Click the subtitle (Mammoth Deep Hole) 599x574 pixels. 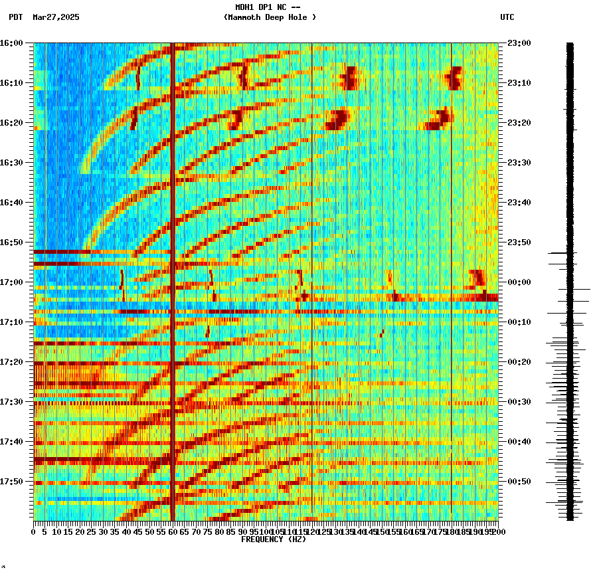[270, 17]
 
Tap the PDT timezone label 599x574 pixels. [16, 17]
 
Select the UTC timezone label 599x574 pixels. [507, 17]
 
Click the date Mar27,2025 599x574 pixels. [56, 17]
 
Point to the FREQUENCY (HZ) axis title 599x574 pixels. [274, 539]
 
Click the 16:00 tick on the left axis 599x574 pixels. [11, 43]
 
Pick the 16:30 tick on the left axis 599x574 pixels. [11, 163]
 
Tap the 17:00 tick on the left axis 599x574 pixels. [11, 282]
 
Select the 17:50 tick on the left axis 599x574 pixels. [11, 482]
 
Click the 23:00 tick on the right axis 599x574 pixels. [519, 43]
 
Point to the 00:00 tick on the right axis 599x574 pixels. [519, 282]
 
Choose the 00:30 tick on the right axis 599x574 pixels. [519, 402]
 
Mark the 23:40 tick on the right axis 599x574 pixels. [519, 203]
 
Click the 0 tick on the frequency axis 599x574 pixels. [34, 531]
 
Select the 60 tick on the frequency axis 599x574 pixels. [173, 531]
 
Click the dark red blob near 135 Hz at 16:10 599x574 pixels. [349, 78]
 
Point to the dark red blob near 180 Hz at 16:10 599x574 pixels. [455, 78]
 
